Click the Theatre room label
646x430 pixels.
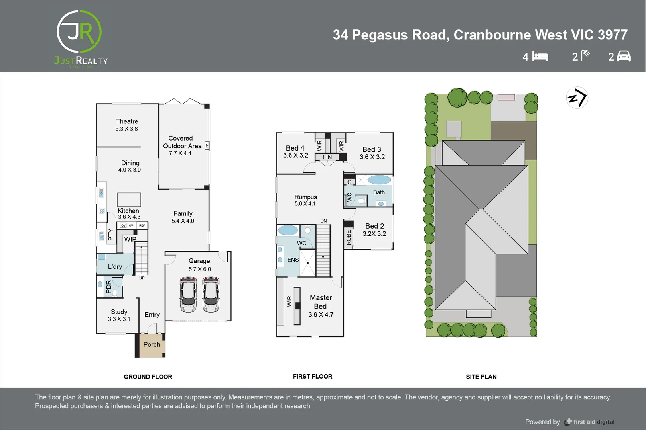127,121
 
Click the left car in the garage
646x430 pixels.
188,295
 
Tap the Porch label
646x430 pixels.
152,344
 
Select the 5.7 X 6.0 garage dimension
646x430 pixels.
199,269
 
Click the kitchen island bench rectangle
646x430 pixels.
129,199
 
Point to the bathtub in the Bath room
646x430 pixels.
379,180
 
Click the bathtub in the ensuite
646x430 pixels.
288,230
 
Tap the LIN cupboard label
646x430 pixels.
327,157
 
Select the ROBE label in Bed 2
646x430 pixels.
349,237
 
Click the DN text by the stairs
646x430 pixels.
323,221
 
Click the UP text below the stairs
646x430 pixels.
142,278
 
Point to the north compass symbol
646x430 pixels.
577,98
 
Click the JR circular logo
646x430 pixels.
79,32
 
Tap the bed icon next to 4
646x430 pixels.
540,57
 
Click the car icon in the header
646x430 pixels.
624,56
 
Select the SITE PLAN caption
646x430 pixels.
481,377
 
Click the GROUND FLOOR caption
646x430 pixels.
148,377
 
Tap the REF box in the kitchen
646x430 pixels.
142,225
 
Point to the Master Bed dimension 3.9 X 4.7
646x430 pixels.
321,315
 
